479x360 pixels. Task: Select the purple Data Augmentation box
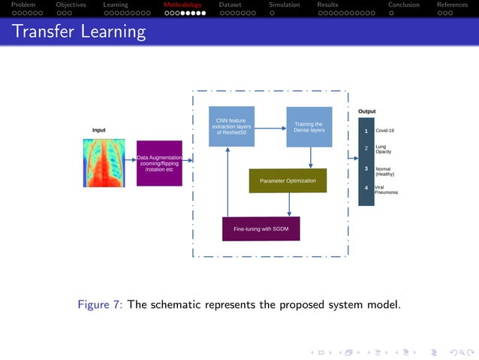[159, 163]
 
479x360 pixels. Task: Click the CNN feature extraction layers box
[231, 126]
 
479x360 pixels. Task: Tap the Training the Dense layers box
[309, 127]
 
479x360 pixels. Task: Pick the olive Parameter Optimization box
[288, 181]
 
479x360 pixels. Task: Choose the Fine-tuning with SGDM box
[261, 228]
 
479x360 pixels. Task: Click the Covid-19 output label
[384, 131]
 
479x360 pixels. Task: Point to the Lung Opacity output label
[384, 149]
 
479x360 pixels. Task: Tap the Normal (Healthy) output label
[384, 171]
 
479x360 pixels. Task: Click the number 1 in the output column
[366, 131]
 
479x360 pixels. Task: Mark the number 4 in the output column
[366, 188]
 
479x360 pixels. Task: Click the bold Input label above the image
[98, 131]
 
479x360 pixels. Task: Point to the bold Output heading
[366, 111]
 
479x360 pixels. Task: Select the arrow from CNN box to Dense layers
[270, 127]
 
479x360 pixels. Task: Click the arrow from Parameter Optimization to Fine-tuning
[289, 205]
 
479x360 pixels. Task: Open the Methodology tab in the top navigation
[182, 5]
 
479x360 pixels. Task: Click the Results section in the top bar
[327, 5]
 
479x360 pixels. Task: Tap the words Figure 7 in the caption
[100, 304]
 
